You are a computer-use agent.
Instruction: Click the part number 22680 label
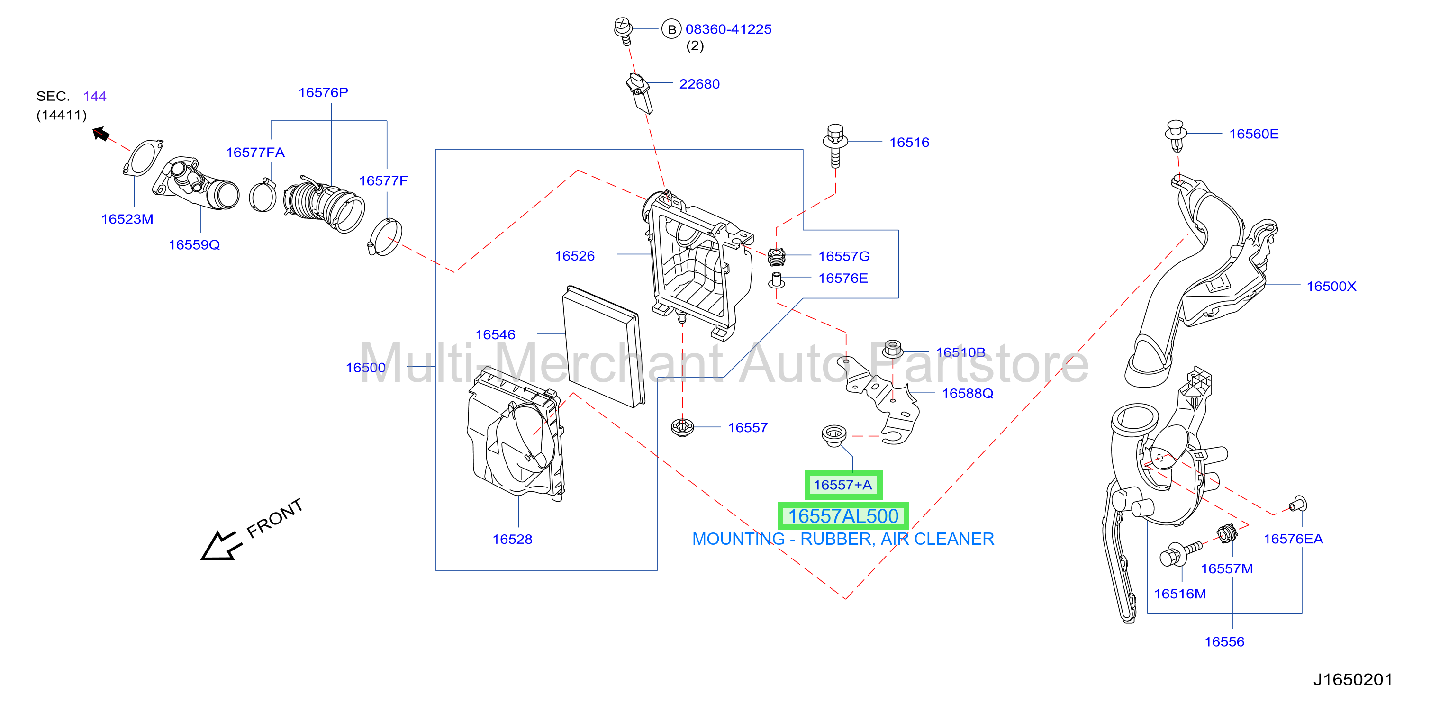pyautogui.click(x=699, y=84)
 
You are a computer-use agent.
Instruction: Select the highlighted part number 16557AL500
pyautogui.click(x=842, y=516)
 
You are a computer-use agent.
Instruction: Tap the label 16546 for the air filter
pyautogui.click(x=495, y=334)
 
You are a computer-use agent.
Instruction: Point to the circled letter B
pyautogui.click(x=671, y=29)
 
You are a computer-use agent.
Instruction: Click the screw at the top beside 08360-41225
pyautogui.click(x=623, y=30)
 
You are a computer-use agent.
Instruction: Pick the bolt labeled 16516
pyautogui.click(x=835, y=145)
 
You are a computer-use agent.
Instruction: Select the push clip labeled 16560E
pyautogui.click(x=1176, y=135)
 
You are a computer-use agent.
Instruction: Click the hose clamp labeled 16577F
pyautogui.click(x=385, y=237)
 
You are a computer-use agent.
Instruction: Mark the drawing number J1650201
pyautogui.click(x=1352, y=679)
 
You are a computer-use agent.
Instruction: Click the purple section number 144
pyautogui.click(x=94, y=96)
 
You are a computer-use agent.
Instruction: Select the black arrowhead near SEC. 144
pyautogui.click(x=100, y=134)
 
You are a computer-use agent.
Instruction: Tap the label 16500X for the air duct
pyautogui.click(x=1331, y=286)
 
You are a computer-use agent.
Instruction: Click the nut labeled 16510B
pyautogui.click(x=893, y=348)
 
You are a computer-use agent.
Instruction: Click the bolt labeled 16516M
pyautogui.click(x=1180, y=553)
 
